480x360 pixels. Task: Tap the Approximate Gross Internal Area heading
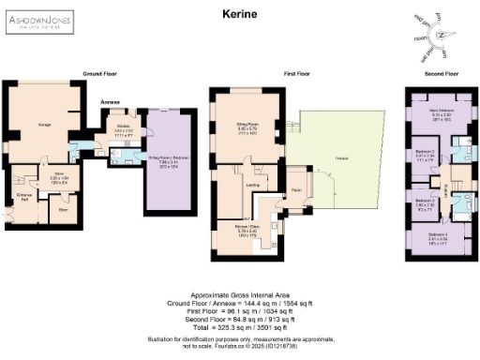pos(239,293)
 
